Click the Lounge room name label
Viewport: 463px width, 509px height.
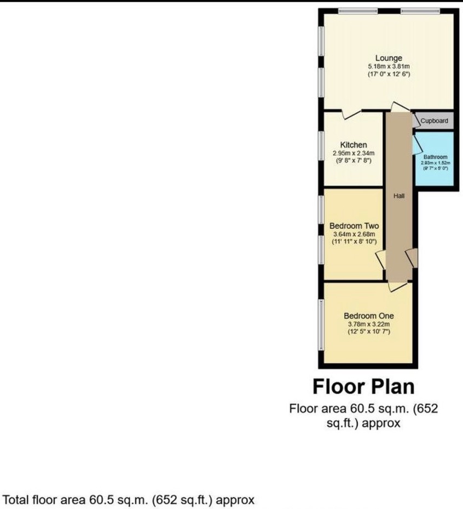click(x=389, y=58)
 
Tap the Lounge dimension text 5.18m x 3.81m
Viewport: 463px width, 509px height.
click(x=389, y=66)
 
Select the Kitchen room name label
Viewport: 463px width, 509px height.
click(x=354, y=145)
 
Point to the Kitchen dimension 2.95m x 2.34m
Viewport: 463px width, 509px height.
click(x=354, y=153)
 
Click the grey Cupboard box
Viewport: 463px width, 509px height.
click(x=434, y=121)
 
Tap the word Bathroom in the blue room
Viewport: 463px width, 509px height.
click(x=435, y=157)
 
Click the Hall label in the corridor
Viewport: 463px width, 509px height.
click(x=398, y=195)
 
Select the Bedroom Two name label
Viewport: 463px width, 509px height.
click(x=354, y=226)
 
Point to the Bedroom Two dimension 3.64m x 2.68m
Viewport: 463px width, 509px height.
click(x=354, y=234)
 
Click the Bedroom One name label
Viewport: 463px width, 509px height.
click(x=368, y=316)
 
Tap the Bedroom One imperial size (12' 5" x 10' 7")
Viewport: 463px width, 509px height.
click(x=368, y=332)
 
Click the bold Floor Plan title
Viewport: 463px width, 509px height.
click(x=363, y=386)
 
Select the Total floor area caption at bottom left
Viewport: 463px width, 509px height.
click(x=129, y=500)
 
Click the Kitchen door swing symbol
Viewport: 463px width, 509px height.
click(x=350, y=113)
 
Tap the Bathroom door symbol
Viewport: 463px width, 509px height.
click(x=417, y=145)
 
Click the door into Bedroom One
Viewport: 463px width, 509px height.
click(x=397, y=285)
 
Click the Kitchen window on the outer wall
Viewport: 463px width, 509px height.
click(x=321, y=145)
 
